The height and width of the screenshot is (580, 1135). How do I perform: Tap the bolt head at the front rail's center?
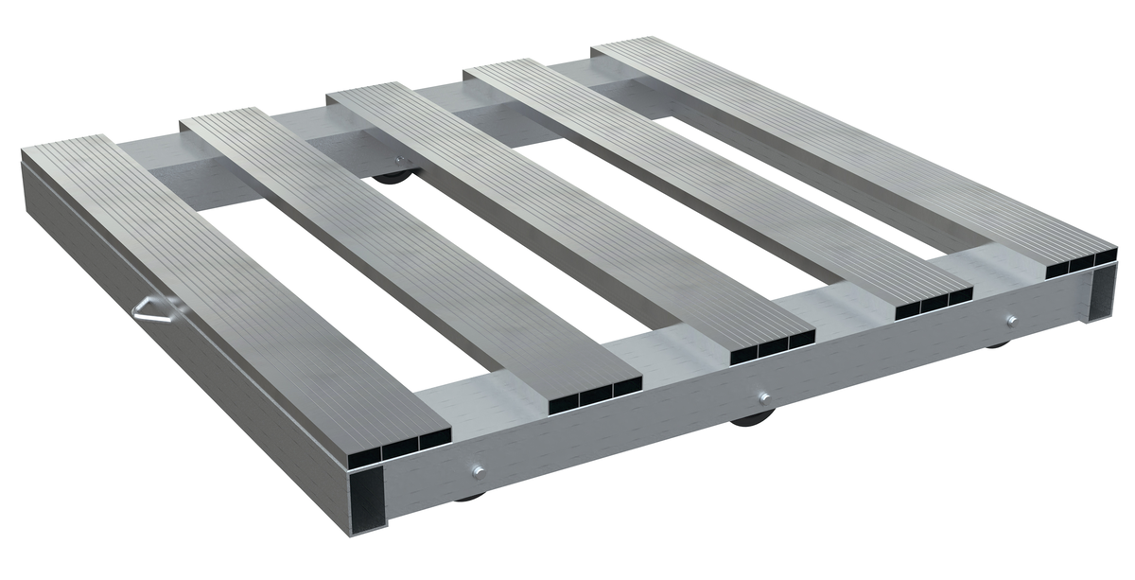[764, 397]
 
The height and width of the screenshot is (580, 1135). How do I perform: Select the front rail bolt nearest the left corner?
[477, 470]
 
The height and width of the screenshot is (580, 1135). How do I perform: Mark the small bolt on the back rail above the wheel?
[398, 161]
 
